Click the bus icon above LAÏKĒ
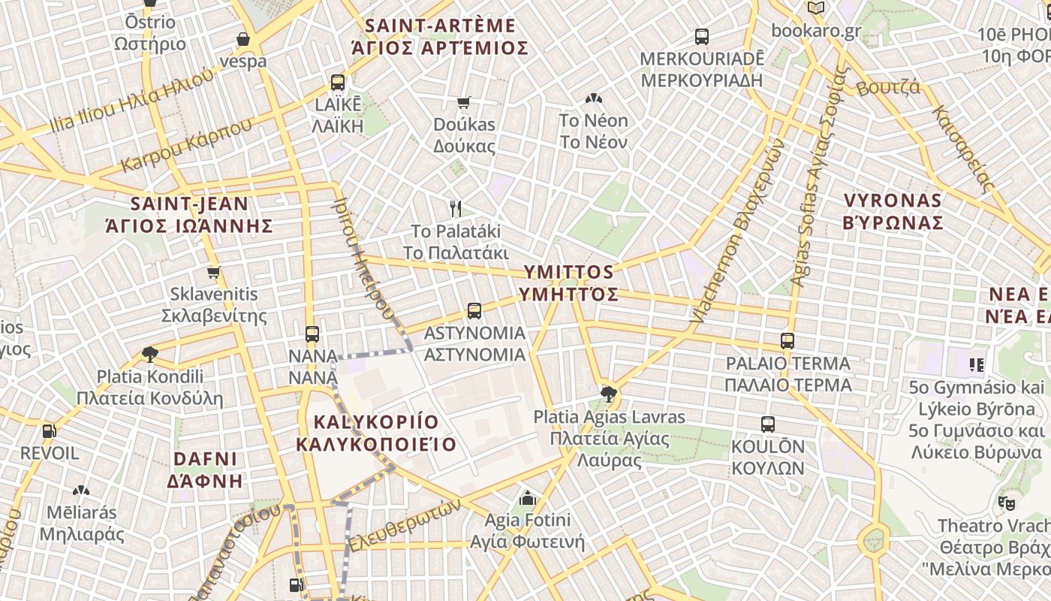tap(338, 83)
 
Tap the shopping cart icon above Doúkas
tap(464, 102)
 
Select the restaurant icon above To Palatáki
tap(455, 208)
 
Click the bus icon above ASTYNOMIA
tap(474, 310)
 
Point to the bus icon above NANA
tap(312, 334)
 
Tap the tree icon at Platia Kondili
tap(149, 354)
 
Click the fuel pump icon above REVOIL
tap(49, 431)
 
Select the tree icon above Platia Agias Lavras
tap(609, 394)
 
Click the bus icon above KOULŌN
tap(767, 424)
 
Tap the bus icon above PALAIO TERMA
tap(787, 341)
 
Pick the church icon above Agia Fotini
tap(528, 497)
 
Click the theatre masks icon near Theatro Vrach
tap(1006, 503)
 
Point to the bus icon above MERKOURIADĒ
tap(702, 36)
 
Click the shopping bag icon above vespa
tap(242, 39)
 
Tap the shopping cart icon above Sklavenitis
tap(214, 272)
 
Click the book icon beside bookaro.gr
tap(816, 8)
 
